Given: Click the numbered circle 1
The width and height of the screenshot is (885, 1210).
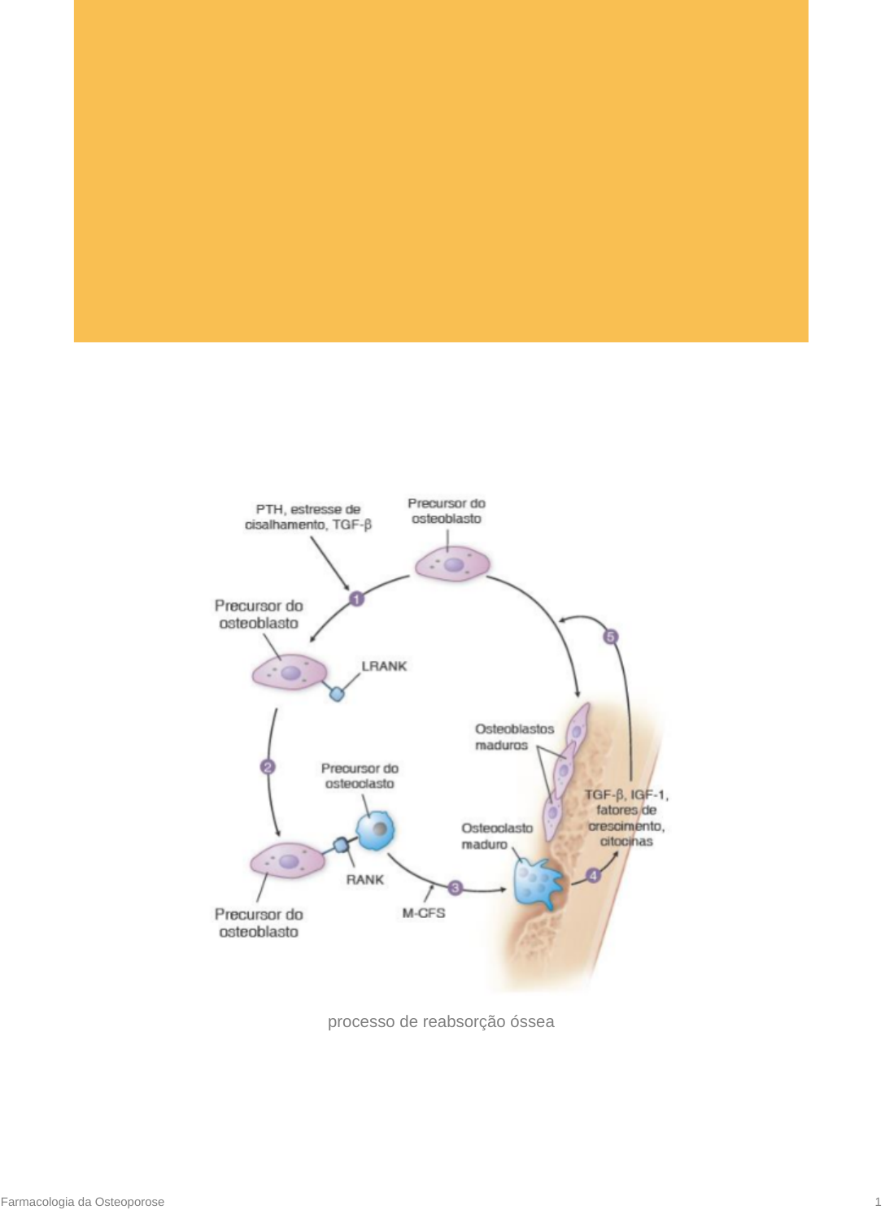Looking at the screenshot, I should (356, 599).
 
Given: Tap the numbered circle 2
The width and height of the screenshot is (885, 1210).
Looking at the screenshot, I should (268, 767).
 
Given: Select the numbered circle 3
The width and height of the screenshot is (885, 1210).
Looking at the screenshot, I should (456, 888).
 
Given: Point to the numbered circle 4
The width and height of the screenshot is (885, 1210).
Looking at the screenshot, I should (594, 876).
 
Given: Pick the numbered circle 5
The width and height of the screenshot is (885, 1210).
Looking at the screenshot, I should (611, 637).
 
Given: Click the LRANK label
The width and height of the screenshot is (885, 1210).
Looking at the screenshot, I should (384, 666).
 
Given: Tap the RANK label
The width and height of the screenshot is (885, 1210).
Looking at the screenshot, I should (364, 879).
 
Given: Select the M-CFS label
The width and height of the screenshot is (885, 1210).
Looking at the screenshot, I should (424, 913).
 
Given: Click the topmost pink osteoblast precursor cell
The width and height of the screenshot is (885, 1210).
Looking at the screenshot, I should (452, 564).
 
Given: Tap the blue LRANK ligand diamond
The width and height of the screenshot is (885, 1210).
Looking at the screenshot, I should (337, 694).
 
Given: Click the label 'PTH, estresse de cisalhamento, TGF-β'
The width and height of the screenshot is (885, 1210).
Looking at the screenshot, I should (308, 517).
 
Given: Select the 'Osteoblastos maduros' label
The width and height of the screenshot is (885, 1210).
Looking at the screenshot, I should (514, 737).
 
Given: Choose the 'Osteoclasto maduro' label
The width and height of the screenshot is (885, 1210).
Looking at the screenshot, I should (496, 836).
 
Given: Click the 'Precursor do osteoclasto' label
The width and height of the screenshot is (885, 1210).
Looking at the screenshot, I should (360, 776).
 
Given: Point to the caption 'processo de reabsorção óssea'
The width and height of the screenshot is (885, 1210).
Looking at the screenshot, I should (441, 1022).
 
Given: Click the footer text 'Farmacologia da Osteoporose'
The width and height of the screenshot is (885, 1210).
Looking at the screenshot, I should (82, 1202).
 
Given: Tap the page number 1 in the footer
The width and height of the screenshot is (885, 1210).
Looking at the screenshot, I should (878, 1202).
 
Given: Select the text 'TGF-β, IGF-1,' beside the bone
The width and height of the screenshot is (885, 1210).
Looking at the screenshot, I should (626, 794).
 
